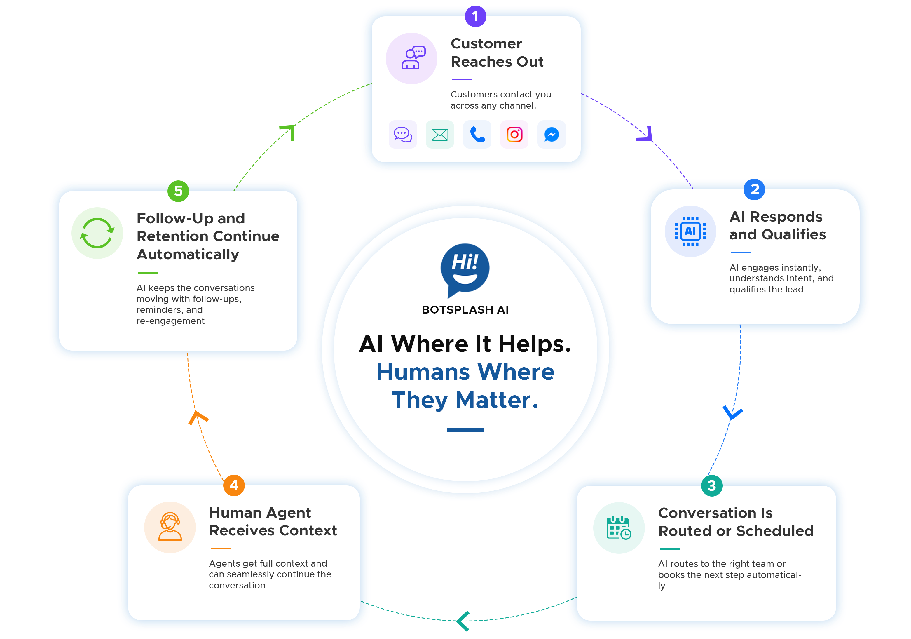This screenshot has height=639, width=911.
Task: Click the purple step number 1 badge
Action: pyautogui.click(x=475, y=16)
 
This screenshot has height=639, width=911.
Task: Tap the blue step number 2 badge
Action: pyautogui.click(x=754, y=189)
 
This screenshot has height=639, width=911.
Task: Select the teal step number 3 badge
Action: pyautogui.click(x=712, y=485)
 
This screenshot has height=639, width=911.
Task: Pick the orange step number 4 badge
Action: pyautogui.click(x=234, y=485)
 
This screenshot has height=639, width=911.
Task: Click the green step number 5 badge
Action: pyautogui.click(x=178, y=191)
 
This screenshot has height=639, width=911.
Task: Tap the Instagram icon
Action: pyautogui.click(x=514, y=135)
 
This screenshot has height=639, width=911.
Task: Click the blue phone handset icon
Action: pyautogui.click(x=477, y=135)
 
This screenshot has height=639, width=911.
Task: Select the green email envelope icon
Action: pyautogui.click(x=440, y=135)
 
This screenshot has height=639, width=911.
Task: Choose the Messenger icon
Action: pyautogui.click(x=552, y=135)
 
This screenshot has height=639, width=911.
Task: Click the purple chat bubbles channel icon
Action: pyautogui.click(x=403, y=135)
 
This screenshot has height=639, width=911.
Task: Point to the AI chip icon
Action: pyautogui.click(x=690, y=231)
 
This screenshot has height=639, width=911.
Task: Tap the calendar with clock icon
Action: pyautogui.click(x=619, y=527)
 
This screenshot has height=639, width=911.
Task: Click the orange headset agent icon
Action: pyautogui.click(x=170, y=527)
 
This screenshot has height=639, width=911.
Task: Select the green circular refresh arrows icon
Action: pyautogui.click(x=97, y=233)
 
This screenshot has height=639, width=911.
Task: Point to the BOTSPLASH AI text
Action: pyautogui.click(x=465, y=310)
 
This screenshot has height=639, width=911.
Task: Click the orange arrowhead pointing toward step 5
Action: pyautogui.click(x=198, y=417)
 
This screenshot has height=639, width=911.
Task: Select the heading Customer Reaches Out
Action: pyautogui.click(x=497, y=52)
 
